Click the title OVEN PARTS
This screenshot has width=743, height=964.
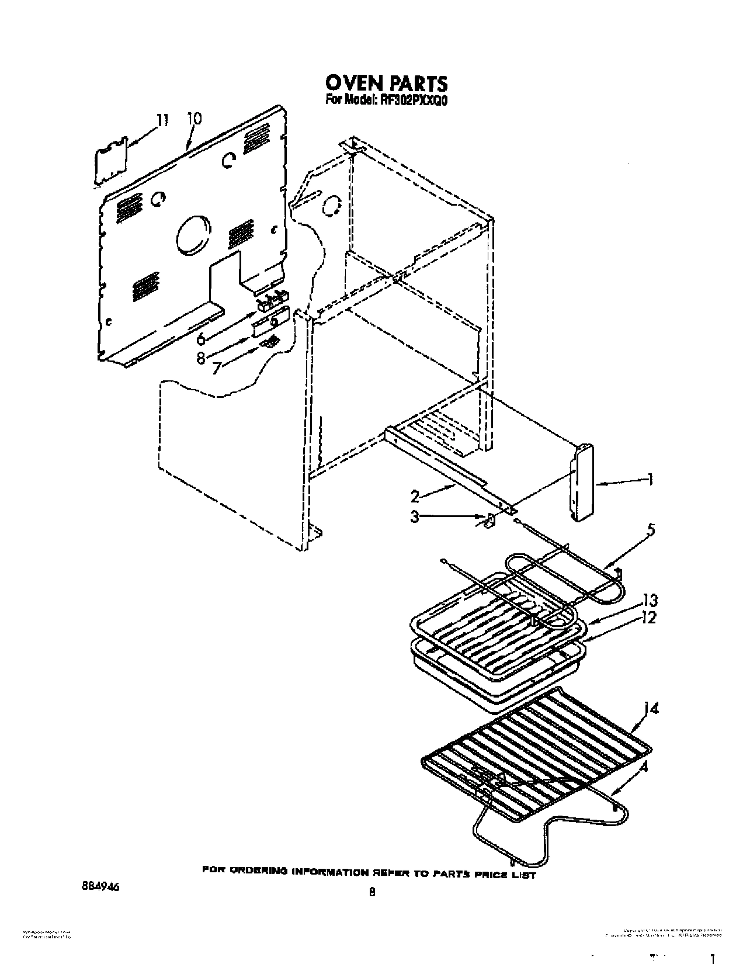pos(387,82)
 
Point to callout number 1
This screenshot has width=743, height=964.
pos(648,480)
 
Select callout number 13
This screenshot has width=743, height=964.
pos(649,600)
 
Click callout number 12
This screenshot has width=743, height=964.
pos(649,617)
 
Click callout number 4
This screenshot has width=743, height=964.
pos(644,767)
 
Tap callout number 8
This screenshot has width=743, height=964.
pos(201,358)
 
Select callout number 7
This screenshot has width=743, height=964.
pos(217,369)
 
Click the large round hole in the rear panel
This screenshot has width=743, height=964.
pos(193,235)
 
